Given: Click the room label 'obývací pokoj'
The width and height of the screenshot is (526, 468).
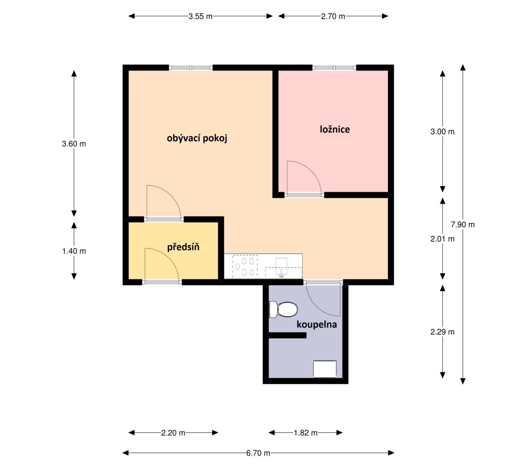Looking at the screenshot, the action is point(197,138).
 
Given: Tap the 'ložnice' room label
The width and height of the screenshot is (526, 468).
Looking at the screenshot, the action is point(335,129).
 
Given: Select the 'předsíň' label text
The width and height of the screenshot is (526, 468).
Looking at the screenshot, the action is point(183,247).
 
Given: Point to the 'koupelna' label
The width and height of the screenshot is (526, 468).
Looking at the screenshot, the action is point(317,324).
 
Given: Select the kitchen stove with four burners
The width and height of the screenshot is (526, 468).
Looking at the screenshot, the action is point(245,266).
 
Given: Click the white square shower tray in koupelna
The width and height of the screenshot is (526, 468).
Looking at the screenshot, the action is point(325,369).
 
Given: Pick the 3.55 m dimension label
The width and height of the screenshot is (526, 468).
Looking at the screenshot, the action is point(200,16).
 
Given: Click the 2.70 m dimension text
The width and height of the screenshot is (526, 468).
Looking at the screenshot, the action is point(333,16).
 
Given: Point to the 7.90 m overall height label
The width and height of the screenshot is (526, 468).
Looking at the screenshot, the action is point(463,225).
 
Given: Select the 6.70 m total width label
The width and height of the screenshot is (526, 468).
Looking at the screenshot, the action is point(258,453).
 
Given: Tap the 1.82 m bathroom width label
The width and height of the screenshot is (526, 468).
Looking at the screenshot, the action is point(305,433).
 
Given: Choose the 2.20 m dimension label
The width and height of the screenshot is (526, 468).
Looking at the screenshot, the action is point(173,433).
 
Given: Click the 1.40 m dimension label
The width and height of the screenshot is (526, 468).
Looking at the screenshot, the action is point(74,251).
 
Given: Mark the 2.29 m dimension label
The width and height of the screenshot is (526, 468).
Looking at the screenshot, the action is point(442,332).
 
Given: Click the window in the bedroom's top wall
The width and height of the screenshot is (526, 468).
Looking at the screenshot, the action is point(334,68).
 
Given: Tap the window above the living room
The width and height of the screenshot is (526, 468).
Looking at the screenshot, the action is point(191,68).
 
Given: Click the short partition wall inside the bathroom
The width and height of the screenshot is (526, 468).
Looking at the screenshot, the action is point(287,335).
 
